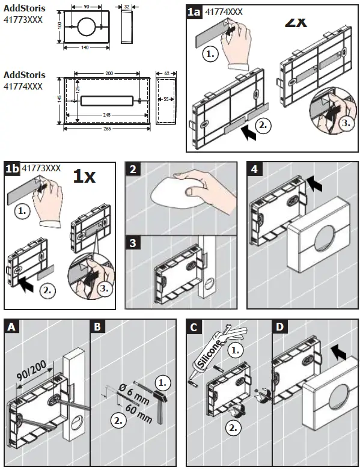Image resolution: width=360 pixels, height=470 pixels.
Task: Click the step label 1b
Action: pyautogui.click(x=12, y=169)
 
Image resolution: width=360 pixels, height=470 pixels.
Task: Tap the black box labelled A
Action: pyautogui.click(x=12, y=327)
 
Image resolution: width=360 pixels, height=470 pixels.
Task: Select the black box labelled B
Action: pyautogui.click(x=98, y=327)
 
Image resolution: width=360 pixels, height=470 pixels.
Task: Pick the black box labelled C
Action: pyautogui.click(x=194, y=327)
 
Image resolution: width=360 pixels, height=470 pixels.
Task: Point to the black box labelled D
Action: pyautogui.click(x=280, y=327)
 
